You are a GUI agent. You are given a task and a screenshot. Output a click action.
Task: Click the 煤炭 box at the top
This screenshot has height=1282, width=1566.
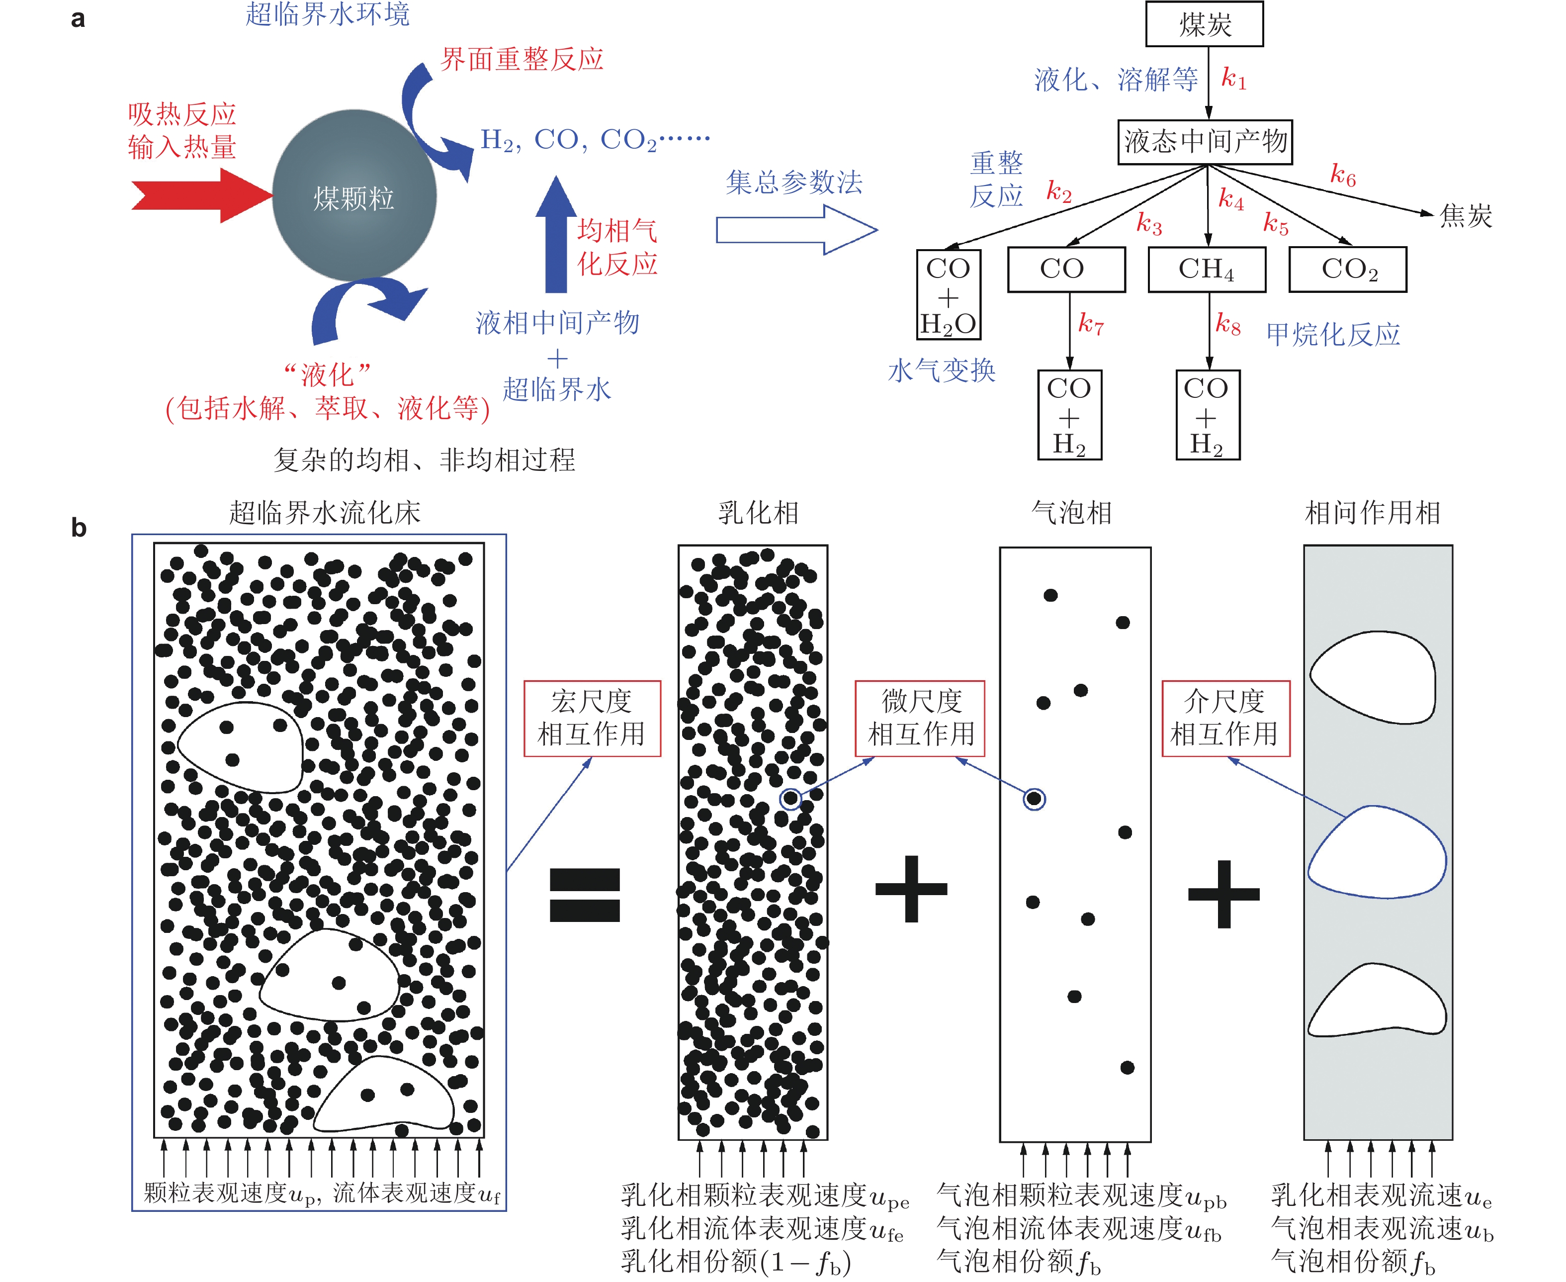click(x=1204, y=24)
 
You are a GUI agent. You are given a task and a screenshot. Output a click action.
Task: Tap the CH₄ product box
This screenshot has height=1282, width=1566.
click(x=1207, y=269)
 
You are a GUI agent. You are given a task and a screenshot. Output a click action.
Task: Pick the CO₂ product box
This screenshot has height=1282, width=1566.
click(x=1347, y=269)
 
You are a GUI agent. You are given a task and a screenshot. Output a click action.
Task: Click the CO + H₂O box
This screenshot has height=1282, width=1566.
click(x=948, y=295)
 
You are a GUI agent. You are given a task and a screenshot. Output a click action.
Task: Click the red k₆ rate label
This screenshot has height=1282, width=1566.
click(x=1343, y=175)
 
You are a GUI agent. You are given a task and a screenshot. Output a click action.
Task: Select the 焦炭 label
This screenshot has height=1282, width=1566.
click(x=1466, y=216)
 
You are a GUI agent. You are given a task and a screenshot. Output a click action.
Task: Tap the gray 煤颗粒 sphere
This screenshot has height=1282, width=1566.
click(x=354, y=196)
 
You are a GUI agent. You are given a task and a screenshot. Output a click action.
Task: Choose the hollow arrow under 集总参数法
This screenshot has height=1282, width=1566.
click(x=796, y=230)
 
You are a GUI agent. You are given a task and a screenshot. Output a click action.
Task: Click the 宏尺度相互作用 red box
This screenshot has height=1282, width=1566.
click(x=592, y=718)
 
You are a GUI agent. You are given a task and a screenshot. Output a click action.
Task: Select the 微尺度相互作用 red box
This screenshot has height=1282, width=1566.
click(x=920, y=718)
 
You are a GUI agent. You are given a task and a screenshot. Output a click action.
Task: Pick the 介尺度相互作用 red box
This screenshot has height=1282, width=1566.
click(x=1225, y=718)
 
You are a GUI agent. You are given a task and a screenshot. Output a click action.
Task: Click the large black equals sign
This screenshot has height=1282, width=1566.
click(x=585, y=894)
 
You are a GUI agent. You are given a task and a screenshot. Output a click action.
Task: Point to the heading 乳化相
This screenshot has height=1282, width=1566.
click(x=758, y=512)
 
